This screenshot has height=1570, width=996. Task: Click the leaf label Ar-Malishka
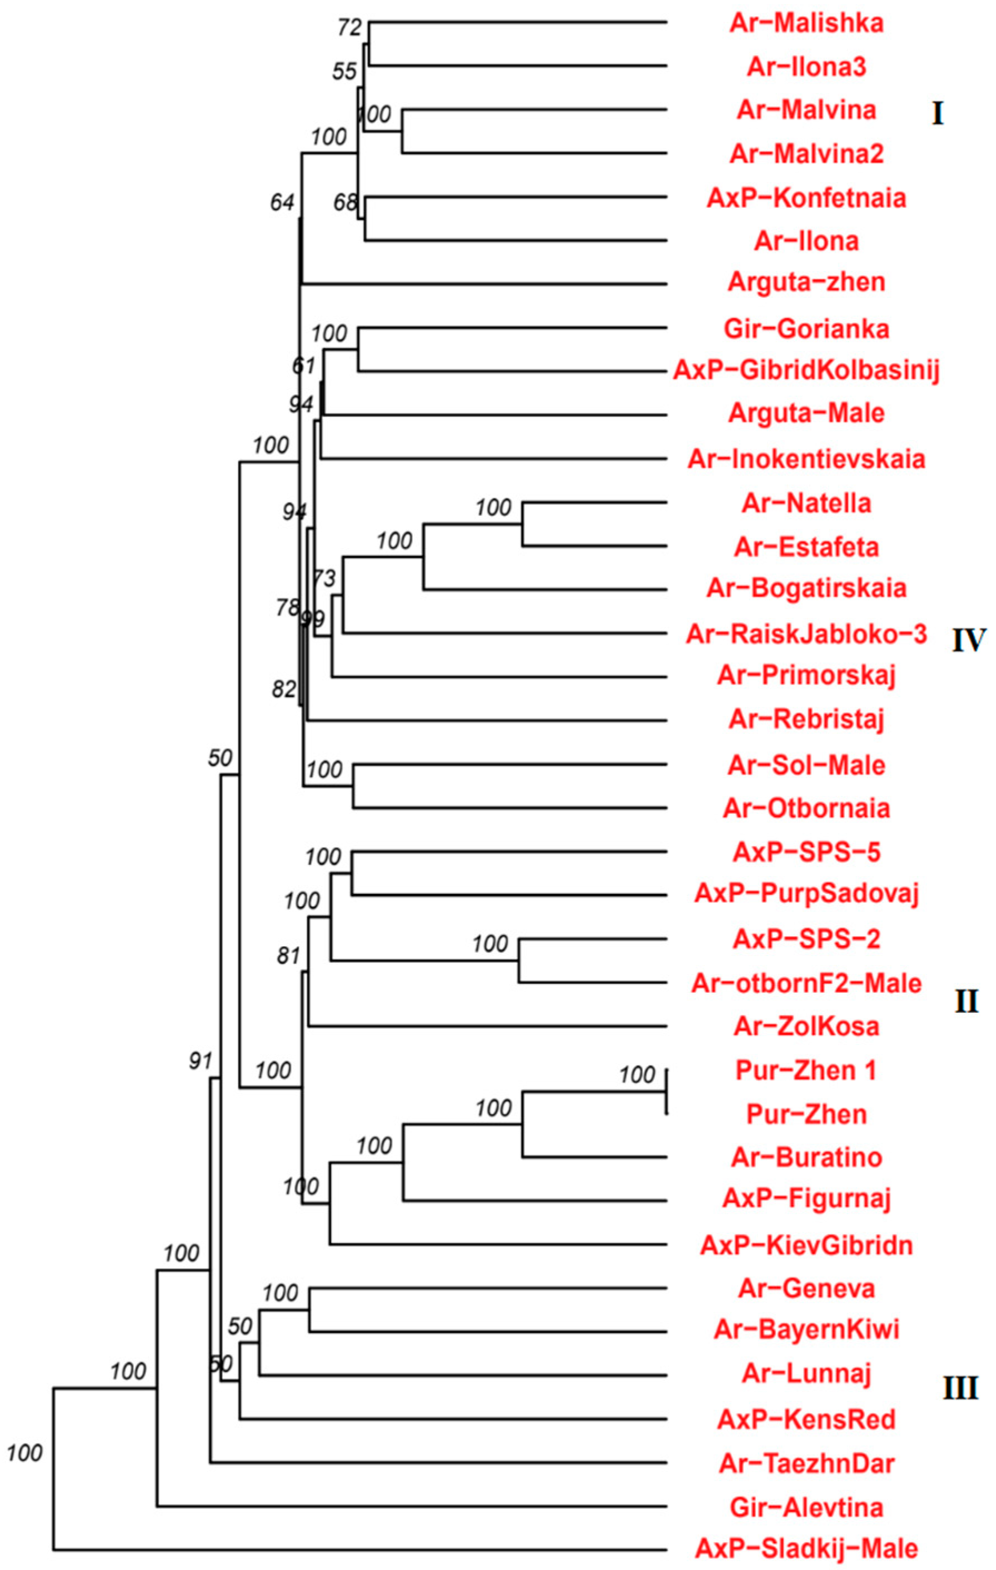(807, 23)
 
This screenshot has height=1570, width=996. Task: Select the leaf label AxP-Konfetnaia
(807, 198)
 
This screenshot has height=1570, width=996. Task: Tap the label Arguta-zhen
(807, 282)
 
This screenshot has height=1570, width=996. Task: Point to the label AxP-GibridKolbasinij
(807, 371)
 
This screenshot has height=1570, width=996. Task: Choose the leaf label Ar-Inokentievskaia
(807, 459)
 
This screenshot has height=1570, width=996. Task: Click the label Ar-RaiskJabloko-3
(807, 634)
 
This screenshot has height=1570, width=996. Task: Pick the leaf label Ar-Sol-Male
(807, 765)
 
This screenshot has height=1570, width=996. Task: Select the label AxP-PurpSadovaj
(807, 893)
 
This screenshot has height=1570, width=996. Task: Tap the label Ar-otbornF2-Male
(807, 983)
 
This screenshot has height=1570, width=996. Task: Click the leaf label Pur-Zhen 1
(807, 1071)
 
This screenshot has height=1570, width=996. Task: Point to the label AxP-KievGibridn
(807, 1246)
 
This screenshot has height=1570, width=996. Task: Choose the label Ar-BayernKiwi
(807, 1329)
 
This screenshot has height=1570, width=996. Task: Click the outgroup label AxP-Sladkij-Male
(807, 1547)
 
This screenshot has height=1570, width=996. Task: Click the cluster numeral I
(937, 115)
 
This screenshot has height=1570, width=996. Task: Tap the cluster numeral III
(960, 1389)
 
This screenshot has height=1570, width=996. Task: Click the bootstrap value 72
(349, 28)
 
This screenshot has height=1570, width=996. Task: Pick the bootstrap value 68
(345, 203)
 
